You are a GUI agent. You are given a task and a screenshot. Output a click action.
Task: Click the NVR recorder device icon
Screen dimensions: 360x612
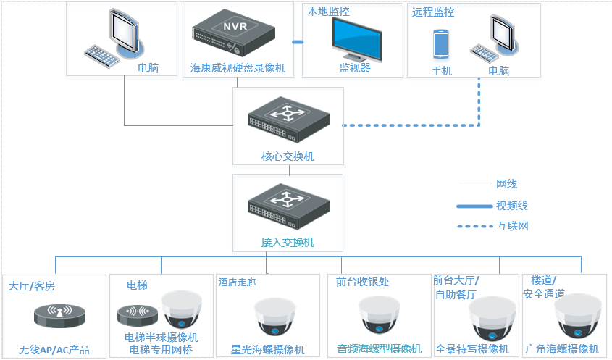[x=234, y=35]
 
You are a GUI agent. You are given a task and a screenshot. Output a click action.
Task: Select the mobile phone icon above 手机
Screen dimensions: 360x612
[x=441, y=44]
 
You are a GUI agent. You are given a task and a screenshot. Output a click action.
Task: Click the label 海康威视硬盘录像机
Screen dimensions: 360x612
[x=238, y=69]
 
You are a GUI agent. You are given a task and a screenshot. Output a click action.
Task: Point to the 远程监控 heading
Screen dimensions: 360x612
[x=433, y=12]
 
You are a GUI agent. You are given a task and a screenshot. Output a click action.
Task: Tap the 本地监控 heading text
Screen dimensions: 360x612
[x=328, y=12]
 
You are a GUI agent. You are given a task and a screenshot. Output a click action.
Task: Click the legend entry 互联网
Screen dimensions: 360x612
[x=513, y=226]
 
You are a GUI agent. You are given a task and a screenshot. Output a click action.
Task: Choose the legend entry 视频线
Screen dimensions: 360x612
[x=512, y=206]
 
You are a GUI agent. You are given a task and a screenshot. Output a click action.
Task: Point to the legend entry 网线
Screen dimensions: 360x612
[x=506, y=185]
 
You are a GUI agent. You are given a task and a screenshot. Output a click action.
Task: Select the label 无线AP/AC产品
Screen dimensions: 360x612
[x=54, y=351]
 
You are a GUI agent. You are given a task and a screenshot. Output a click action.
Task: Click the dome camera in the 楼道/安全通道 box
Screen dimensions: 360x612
[x=577, y=316]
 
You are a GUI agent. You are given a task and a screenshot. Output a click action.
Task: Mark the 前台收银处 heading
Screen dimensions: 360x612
[x=363, y=282]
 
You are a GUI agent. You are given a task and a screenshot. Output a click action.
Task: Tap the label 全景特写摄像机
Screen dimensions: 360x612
[x=472, y=349]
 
